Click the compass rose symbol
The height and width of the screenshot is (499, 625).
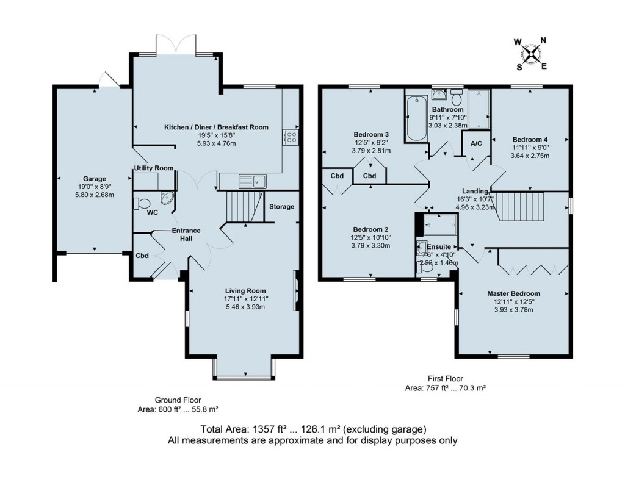click(x=532, y=54)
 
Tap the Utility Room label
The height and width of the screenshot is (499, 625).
click(x=153, y=168)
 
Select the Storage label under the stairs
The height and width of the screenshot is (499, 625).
click(x=282, y=207)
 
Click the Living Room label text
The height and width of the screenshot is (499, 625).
click(x=245, y=290)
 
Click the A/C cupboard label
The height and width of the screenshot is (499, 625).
click(x=476, y=144)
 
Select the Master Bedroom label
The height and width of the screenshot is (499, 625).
click(x=513, y=293)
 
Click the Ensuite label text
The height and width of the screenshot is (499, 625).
click(x=438, y=247)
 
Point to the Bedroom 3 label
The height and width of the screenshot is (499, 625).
click(x=371, y=134)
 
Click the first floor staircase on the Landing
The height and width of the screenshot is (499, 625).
click(x=519, y=206)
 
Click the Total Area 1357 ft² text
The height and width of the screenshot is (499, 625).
click(x=312, y=429)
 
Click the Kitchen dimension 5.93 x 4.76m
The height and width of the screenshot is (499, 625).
click(x=215, y=143)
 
